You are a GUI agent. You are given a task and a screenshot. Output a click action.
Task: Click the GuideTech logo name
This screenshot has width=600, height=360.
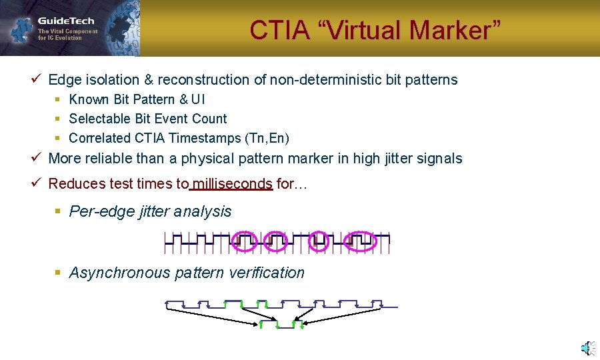click(x=66, y=21)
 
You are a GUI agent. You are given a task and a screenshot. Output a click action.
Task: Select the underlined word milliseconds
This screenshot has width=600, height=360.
click(x=231, y=184)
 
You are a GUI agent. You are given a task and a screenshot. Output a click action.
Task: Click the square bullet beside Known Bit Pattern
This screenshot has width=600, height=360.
click(x=58, y=100)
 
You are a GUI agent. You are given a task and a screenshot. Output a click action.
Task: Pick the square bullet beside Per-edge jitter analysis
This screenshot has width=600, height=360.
click(x=58, y=211)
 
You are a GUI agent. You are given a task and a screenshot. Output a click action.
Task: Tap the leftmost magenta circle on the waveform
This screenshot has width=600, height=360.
click(x=244, y=241)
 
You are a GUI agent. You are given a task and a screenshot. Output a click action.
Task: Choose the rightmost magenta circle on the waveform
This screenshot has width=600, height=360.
click(x=363, y=241)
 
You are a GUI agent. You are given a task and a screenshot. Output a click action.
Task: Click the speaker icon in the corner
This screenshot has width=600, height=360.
click(x=587, y=347)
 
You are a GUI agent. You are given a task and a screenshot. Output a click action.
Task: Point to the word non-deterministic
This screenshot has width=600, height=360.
click(x=325, y=80)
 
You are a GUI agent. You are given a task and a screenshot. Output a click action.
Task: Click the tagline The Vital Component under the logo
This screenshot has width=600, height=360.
click(x=67, y=31)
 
